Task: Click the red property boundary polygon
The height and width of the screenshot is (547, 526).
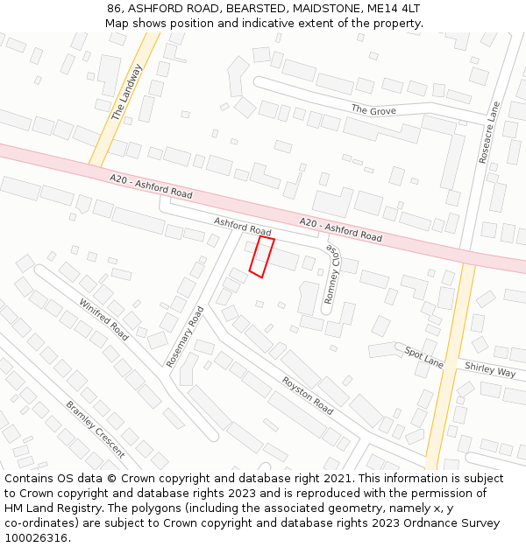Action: coord(261,257)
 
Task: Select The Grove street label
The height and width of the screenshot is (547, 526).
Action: coord(373,110)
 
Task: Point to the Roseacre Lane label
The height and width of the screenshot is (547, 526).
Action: coord(488,132)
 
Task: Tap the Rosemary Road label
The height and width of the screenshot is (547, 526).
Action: coord(185,336)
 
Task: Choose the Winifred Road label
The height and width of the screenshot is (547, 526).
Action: coord(104,319)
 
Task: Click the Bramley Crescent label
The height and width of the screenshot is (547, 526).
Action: coord(96,429)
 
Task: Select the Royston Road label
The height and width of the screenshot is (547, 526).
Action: coord(308,396)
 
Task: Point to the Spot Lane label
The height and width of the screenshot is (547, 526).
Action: coord(424,357)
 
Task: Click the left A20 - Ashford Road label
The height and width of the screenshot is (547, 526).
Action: coord(151,185)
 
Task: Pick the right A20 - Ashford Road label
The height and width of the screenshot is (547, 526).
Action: coord(341,230)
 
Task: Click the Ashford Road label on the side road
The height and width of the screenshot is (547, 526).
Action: coord(242,227)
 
